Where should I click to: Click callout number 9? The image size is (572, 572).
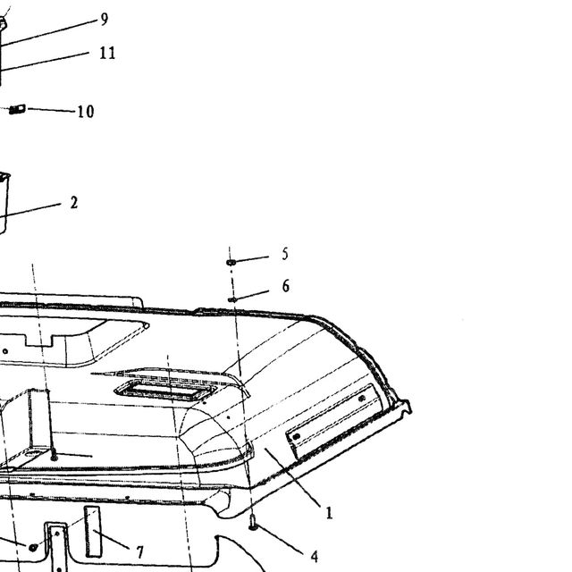tap(105, 20)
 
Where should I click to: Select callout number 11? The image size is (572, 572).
tap(107, 53)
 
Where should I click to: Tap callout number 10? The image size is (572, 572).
tap(86, 111)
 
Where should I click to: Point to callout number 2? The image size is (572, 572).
tap(74, 203)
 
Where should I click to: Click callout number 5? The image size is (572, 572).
tap(285, 254)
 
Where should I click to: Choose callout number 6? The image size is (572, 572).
tap(286, 286)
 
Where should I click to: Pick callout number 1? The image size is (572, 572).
tap(329, 513)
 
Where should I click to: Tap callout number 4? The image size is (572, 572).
tap(315, 557)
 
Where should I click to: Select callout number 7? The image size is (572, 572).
tap(140, 552)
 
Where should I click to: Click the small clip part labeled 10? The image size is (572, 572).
tap(17, 109)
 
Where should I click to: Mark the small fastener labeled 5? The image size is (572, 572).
tap(231, 262)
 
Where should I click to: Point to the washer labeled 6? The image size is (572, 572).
tap(232, 300)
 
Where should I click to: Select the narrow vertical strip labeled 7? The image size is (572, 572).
tap(93, 532)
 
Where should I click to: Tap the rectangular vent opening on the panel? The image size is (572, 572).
tap(165, 391)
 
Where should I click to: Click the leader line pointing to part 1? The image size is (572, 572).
tap(292, 477)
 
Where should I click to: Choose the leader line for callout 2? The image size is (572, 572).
tap(30, 211)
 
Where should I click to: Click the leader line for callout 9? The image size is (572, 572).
tap(48, 33)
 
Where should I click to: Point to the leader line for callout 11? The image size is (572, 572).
tap(44, 62)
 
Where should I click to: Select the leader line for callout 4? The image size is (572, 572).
tap(281, 541)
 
